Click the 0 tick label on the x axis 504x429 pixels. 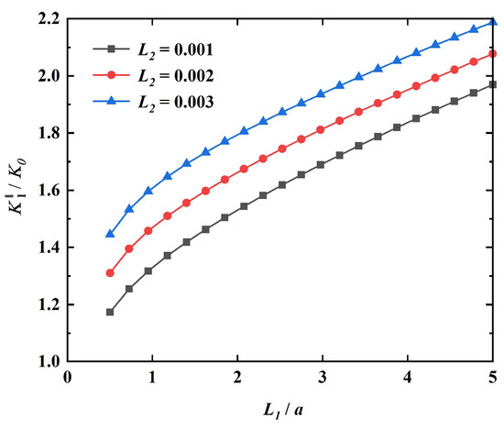click(67, 378)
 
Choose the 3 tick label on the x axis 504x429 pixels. click(323, 378)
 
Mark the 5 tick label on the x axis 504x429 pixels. click(493, 378)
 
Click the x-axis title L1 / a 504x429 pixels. click(280, 407)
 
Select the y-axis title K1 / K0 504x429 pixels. click(16, 189)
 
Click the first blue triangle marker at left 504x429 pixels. click(110, 234)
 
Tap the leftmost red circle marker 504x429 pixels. click(110, 272)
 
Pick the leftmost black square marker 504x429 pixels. click(110, 312)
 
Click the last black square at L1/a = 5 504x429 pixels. click(493, 84)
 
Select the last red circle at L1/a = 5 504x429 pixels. click(493, 54)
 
